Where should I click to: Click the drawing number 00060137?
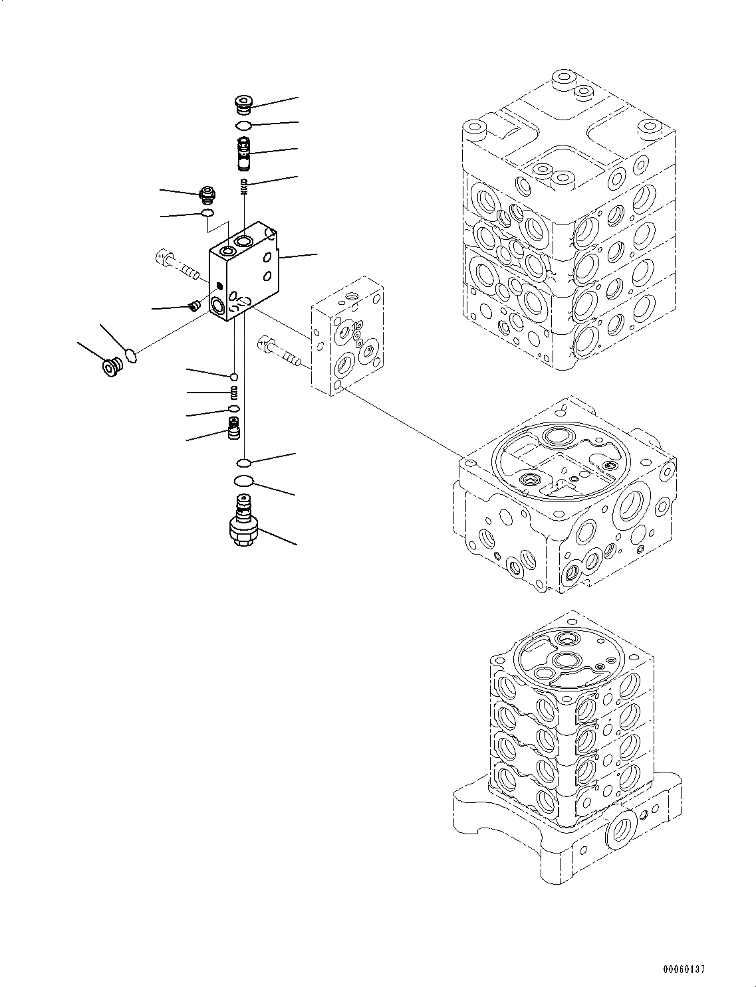(683, 970)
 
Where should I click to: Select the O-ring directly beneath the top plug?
(244, 126)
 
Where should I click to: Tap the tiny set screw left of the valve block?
(195, 306)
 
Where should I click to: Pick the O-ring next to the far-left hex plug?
(131, 356)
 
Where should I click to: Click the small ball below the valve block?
(234, 377)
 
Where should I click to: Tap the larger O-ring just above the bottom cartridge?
(244, 482)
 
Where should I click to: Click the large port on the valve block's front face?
(217, 306)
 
